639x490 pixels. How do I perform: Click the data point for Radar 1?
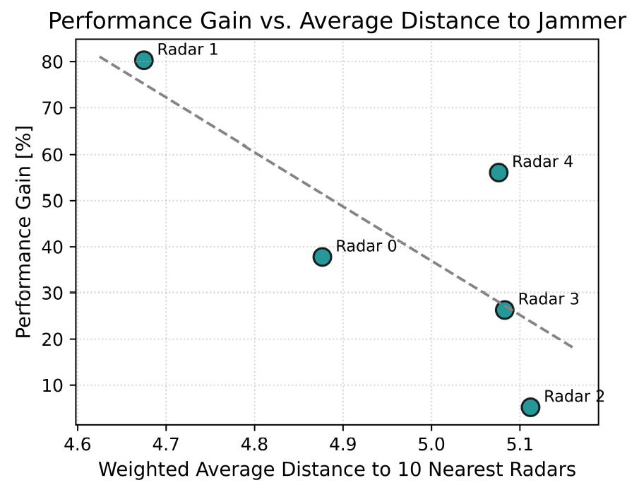pos(144,60)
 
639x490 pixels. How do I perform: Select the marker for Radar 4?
pos(498,173)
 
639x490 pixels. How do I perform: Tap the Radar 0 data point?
pos(322,257)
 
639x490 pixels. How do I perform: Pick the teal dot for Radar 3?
pos(504,310)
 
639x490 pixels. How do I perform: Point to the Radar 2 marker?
pos(530,407)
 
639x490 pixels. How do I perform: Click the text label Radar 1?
pos(187,49)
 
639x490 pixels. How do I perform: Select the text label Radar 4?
pos(542,161)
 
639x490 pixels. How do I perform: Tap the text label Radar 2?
pos(574,396)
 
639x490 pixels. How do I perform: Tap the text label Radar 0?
pos(366,246)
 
